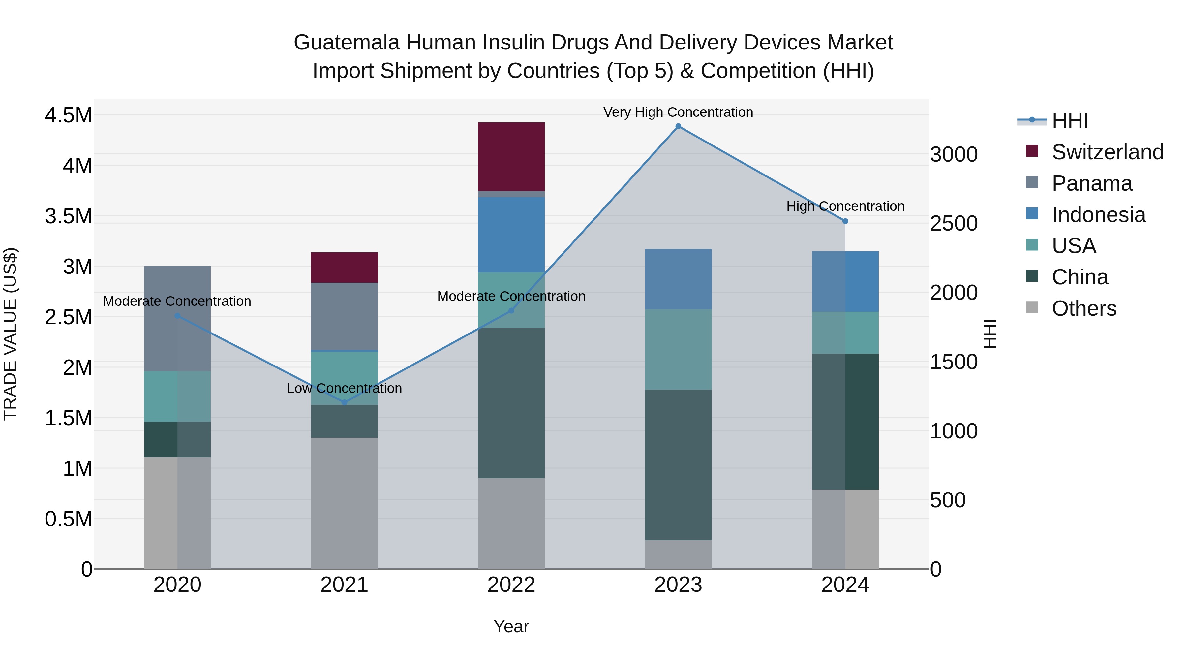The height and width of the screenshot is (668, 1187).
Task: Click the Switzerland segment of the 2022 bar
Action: coord(511,156)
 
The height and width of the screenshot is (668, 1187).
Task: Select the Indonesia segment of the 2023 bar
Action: coord(678,279)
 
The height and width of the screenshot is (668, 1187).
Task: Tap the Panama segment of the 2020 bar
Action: coord(177,318)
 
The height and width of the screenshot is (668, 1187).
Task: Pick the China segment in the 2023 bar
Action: coord(678,465)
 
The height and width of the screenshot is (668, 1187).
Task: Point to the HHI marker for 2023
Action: coord(678,126)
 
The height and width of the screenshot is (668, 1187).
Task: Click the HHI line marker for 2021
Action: coord(344,402)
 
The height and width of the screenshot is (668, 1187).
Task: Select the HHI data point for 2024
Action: coord(845,221)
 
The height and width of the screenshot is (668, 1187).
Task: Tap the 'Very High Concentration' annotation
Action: coord(678,112)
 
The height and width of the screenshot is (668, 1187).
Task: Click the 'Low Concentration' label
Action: coord(344,388)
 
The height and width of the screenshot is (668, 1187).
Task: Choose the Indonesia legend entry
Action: coord(1099,215)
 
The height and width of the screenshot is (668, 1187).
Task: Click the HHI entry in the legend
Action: coord(1070,121)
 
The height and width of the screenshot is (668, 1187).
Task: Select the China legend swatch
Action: coord(1032,277)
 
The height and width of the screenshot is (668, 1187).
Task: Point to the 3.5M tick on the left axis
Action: coord(68,216)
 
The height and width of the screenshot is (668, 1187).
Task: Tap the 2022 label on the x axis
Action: coord(511,585)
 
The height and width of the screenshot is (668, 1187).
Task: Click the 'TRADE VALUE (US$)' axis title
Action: coord(10,334)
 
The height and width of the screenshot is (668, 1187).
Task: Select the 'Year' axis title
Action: coord(511,626)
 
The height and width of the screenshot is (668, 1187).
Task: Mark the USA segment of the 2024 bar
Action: coord(845,333)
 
